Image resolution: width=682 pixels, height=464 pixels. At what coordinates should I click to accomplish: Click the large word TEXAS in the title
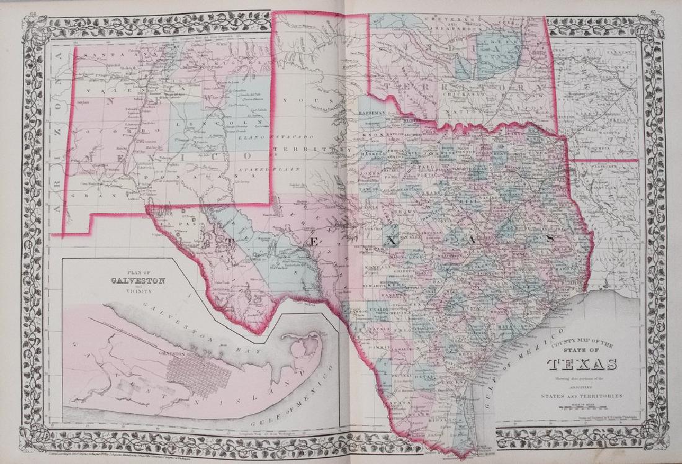pos(581,364)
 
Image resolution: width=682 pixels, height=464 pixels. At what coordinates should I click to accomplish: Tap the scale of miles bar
pos(581,407)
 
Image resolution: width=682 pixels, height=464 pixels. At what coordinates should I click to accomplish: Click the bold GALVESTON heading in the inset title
pos(138,280)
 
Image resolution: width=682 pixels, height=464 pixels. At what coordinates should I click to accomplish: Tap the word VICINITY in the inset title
pos(138,290)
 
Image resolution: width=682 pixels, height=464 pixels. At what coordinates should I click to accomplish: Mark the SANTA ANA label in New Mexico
pos(99,56)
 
